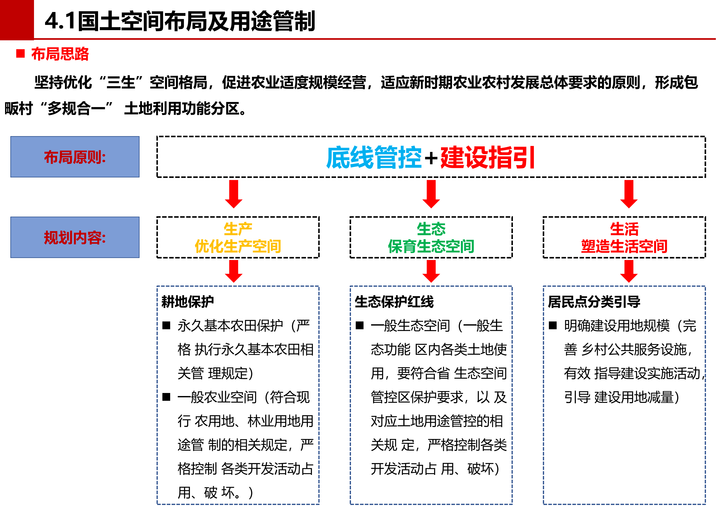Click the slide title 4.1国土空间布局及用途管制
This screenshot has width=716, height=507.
[180, 21]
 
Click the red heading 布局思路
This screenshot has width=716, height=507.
[60, 54]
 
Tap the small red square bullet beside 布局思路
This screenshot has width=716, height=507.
[20, 54]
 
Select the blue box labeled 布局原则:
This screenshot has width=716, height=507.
[75, 157]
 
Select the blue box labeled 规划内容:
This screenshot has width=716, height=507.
[75, 237]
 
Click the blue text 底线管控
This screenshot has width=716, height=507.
[374, 157]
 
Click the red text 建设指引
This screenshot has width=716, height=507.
[488, 157]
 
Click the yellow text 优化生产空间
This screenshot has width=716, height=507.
[238, 246]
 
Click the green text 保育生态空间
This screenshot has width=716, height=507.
[431, 246]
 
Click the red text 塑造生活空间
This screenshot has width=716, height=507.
[624, 246]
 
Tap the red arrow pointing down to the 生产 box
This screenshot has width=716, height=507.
[234, 194]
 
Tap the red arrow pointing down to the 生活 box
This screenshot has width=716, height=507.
[629, 194]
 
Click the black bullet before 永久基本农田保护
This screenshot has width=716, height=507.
[166, 326]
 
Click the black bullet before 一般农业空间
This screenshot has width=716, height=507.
[166, 397]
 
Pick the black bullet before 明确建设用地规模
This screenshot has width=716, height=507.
[553, 326]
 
